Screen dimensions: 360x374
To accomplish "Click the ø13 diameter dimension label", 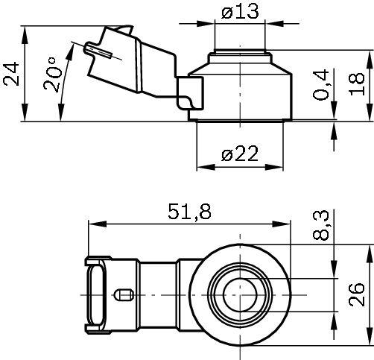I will coord(239,11).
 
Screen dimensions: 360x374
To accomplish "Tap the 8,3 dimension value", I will coord(321,223).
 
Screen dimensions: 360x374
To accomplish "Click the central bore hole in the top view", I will coord(241,297).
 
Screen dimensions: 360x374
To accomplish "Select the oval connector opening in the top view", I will coord(96,297).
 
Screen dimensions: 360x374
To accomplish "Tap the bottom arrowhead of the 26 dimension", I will coord(370,344).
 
